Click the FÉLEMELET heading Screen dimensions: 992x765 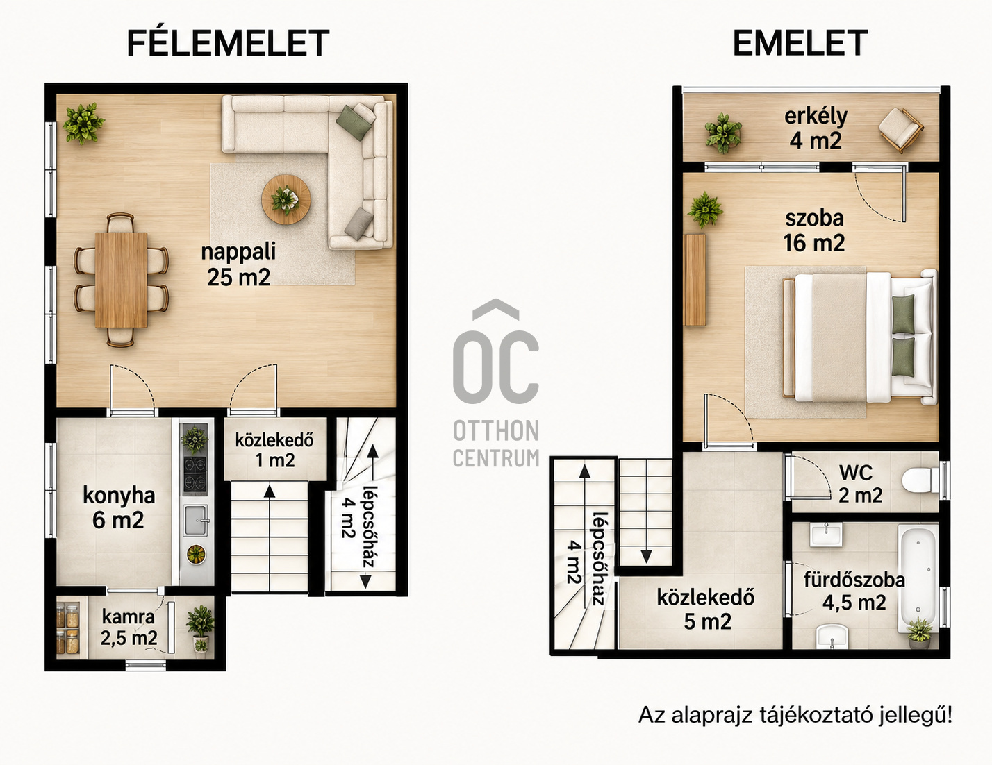coord(228,42)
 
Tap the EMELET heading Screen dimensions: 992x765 coord(800,43)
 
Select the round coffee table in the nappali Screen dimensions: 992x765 coord(286,199)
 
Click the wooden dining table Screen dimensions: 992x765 coord(121,280)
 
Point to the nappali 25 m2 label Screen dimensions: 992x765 coord(238,264)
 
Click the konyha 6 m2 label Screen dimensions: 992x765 coord(119,507)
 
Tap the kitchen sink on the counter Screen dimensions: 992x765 coord(196,521)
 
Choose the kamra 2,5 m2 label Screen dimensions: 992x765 coord(129,628)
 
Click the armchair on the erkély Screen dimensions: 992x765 coord(900,130)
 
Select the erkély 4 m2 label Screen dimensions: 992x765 coord(816,128)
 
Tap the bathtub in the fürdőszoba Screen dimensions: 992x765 coord(918,578)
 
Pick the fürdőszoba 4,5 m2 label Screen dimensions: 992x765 coord(854,591)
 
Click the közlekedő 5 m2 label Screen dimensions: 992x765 coord(706,610)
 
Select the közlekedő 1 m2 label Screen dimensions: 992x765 coord(275,451)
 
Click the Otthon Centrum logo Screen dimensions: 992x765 coord(496,383)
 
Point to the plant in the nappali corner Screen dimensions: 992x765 coord(83,123)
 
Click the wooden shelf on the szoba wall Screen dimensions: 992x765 coord(696,280)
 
